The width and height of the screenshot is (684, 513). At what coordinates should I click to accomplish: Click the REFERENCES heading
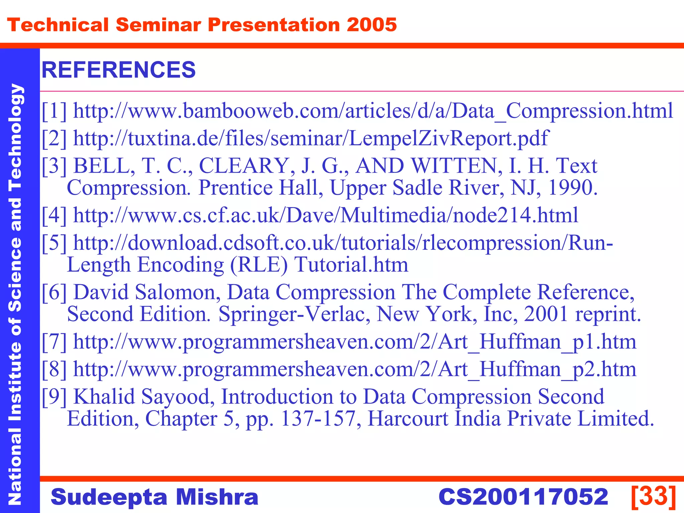(119, 70)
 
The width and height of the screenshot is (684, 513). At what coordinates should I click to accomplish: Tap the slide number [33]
(654, 496)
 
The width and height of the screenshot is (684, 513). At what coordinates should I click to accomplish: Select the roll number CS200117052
(523, 497)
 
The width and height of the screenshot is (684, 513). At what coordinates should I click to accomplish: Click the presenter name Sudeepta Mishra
(155, 497)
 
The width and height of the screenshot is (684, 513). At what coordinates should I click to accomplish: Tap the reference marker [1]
(54, 111)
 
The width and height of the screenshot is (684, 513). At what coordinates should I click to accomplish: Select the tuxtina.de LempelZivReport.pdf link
(311, 138)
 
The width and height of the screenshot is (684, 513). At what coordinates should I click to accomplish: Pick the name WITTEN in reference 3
(456, 166)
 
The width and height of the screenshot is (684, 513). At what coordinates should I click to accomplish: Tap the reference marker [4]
(54, 215)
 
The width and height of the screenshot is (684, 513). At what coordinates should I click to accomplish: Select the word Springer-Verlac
(294, 314)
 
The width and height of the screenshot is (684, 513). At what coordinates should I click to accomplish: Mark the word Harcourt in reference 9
(408, 418)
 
